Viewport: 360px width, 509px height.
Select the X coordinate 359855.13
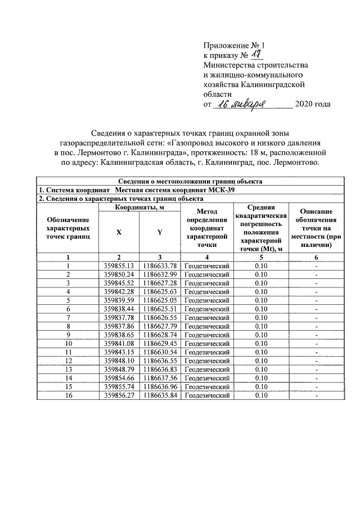pyautogui.click(x=119, y=266)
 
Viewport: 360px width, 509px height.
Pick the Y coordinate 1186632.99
pyautogui.click(x=160, y=274)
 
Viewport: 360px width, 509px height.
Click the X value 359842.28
pyautogui.click(x=119, y=292)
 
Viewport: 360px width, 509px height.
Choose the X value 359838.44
pyautogui.click(x=119, y=309)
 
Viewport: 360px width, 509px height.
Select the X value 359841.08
pyautogui.click(x=119, y=343)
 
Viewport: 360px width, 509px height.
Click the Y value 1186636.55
pyautogui.click(x=160, y=361)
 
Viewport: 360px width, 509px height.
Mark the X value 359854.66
pyautogui.click(x=119, y=378)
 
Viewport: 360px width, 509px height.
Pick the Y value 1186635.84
pyautogui.click(x=160, y=395)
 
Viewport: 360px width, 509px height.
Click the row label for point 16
pyautogui.click(x=68, y=395)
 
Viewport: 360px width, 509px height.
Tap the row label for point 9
pyautogui.click(x=68, y=335)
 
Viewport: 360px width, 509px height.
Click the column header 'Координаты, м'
pyautogui.click(x=139, y=208)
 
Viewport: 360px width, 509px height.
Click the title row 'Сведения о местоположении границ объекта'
pyautogui.click(x=190, y=181)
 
